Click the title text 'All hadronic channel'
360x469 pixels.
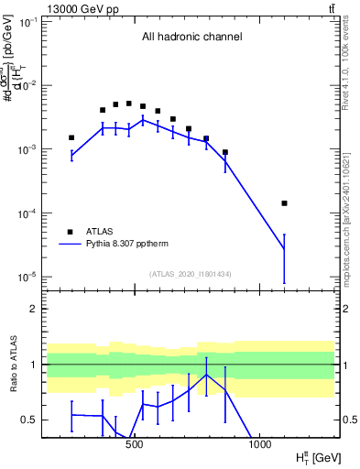click(191, 38)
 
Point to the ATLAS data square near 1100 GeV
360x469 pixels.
click(284, 203)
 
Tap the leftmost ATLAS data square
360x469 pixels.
click(71, 137)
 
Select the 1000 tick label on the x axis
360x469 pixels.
click(259, 446)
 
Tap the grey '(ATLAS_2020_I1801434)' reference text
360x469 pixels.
click(191, 274)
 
